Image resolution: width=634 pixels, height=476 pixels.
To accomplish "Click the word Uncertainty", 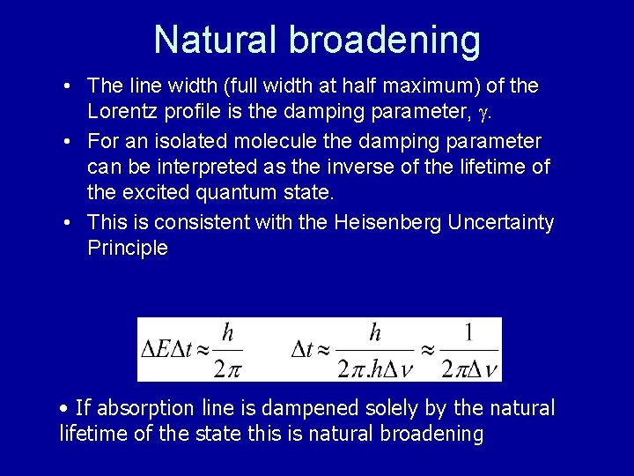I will pos(501,222).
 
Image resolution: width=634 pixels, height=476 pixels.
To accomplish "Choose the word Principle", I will pos(127,248).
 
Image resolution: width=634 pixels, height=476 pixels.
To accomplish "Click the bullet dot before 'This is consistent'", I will pos(68,223).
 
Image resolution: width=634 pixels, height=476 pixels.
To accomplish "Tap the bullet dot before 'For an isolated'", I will pos(68,142).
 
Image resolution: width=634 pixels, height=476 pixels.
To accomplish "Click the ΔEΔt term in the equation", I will pos(167,349).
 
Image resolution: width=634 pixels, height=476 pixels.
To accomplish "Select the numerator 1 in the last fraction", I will pos(468,332).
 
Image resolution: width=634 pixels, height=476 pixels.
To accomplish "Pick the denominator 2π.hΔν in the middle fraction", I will pos(375,368).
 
